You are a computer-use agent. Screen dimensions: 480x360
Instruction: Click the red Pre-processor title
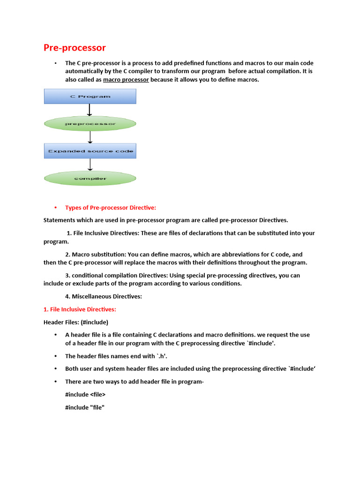75,48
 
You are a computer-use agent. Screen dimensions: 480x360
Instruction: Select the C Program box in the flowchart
90,97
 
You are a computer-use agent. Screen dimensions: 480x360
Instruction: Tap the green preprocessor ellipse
90,124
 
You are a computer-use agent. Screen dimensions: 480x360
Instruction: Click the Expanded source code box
90,151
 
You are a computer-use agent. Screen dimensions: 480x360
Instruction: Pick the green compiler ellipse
90,178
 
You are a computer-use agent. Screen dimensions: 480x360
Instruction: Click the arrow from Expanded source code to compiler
90,165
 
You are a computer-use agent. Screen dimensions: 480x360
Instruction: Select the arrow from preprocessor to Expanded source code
90,137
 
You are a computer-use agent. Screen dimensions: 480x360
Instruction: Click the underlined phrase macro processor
126,80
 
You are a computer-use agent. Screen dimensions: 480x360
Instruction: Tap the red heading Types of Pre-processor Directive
111,208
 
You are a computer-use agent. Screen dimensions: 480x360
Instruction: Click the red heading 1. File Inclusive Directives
80,309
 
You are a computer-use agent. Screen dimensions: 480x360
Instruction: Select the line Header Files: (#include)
76,322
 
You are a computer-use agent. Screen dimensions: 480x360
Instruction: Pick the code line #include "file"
84,407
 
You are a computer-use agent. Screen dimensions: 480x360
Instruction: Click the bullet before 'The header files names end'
55,356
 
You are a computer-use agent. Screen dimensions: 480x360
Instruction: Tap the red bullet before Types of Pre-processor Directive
55,208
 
